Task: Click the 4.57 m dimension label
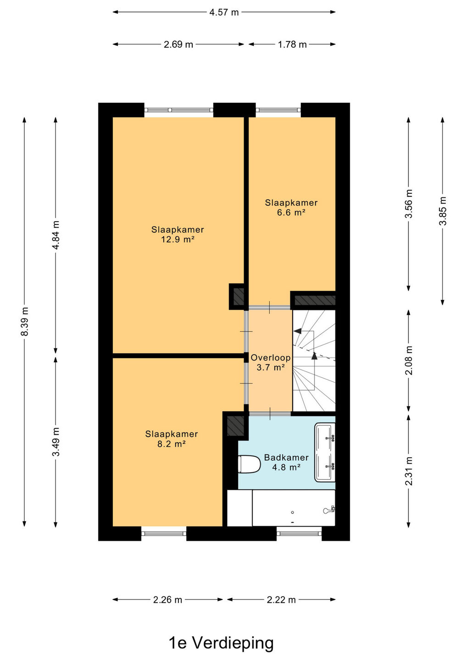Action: click(224, 12)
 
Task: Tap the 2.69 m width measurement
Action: click(178, 45)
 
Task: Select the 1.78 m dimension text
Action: click(292, 45)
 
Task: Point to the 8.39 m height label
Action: click(24, 321)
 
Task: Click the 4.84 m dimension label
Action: click(56, 235)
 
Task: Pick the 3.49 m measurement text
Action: click(56, 442)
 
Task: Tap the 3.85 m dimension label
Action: click(443, 211)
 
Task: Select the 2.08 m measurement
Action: click(409, 360)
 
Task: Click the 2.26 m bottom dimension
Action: click(167, 600)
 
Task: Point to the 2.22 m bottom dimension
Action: click(281, 600)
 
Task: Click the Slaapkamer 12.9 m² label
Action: click(178, 234)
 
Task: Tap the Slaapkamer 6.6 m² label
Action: click(291, 207)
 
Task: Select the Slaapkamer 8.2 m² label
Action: click(171, 439)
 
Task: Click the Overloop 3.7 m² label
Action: click(271, 362)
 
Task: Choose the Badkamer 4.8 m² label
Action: click(286, 462)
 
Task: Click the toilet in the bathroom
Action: click(249, 464)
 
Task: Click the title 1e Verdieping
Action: click(221, 643)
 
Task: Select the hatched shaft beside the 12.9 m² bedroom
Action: click(239, 297)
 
